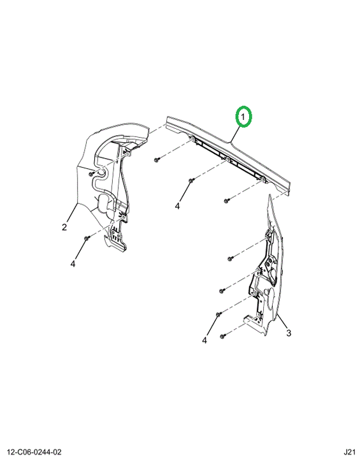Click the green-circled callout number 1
point(243,117)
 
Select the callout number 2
point(64,227)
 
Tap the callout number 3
point(289,333)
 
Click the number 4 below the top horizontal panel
point(177,206)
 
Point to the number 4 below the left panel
point(73,264)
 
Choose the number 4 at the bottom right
point(205,340)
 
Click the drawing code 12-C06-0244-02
point(34,452)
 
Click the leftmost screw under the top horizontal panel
point(157,160)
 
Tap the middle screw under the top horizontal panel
point(191,180)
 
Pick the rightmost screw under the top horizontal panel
point(227,201)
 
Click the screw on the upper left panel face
point(91,174)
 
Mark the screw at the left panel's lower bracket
point(86,238)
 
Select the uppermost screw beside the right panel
point(230,258)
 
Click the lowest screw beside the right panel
point(222,337)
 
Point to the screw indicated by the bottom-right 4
point(218,314)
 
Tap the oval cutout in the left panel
point(104,203)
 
